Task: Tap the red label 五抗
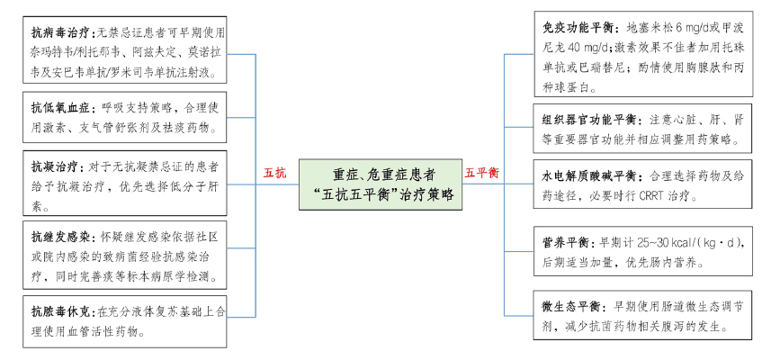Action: click(274, 172)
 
